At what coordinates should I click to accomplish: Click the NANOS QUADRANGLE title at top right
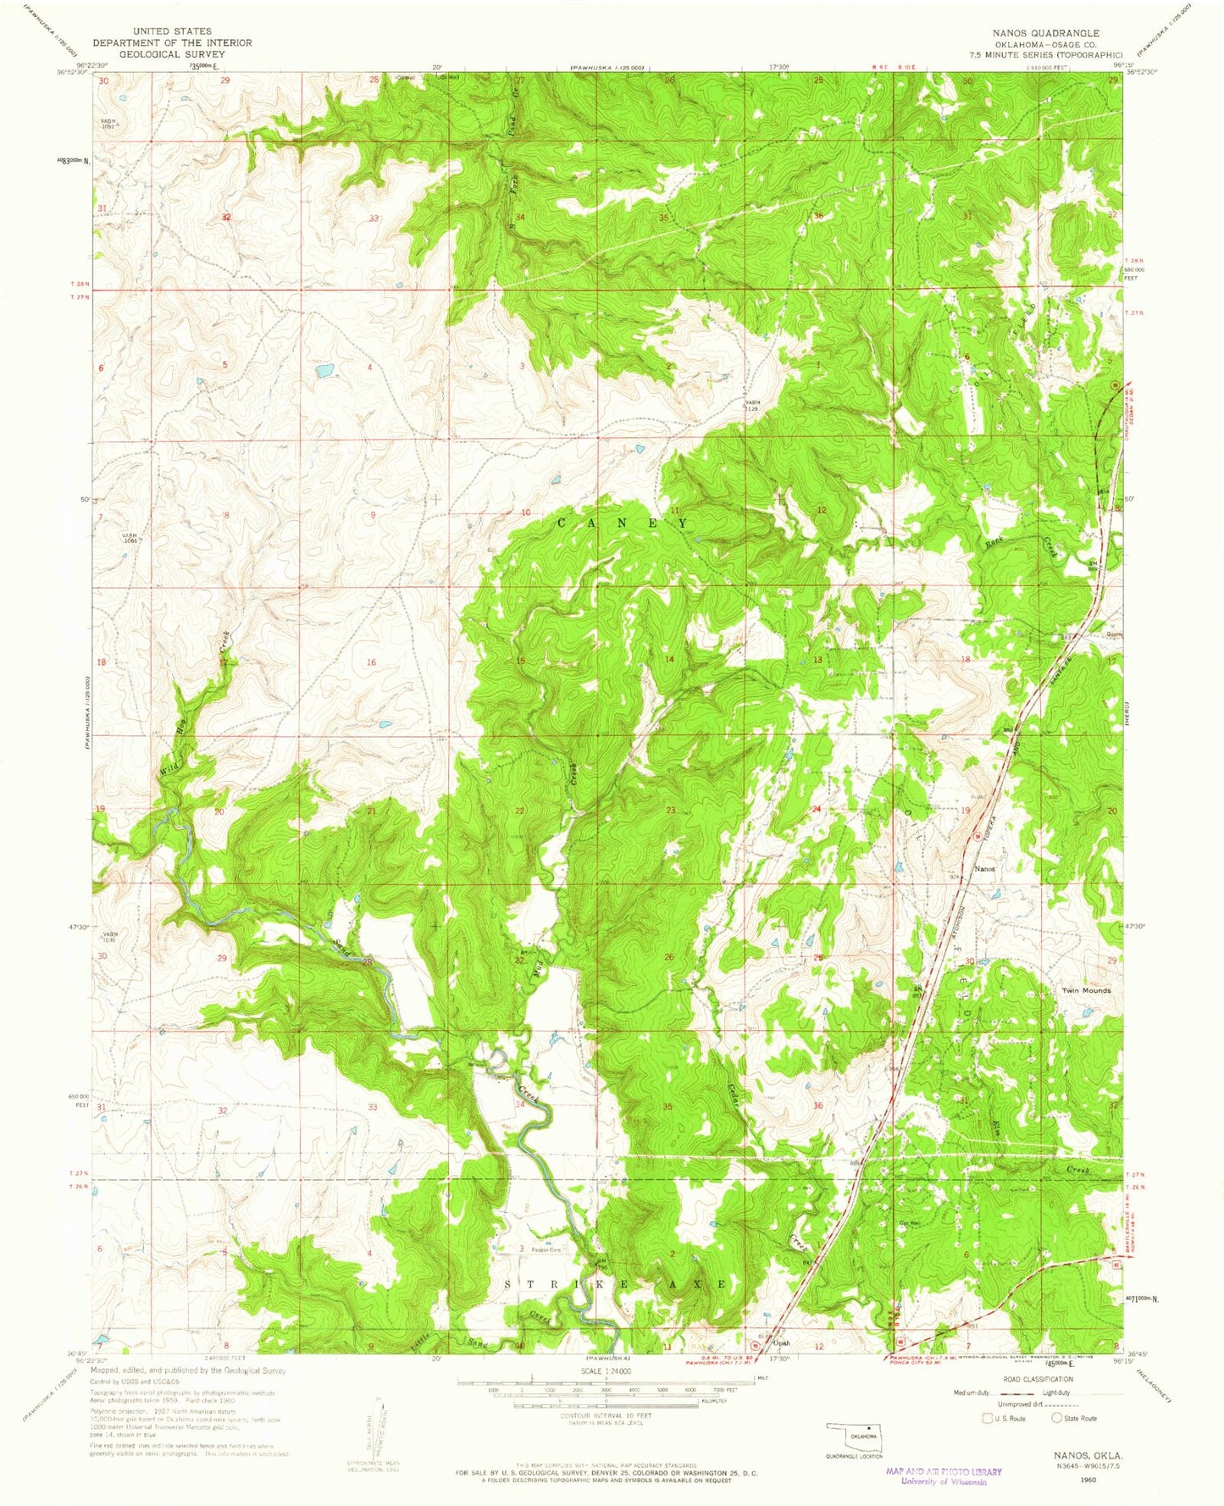pyautogui.click(x=1047, y=33)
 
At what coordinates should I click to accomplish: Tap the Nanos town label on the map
pyautogui.click(x=984, y=869)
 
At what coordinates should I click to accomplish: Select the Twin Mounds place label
pyautogui.click(x=1086, y=990)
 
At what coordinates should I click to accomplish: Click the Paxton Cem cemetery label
pyautogui.click(x=546, y=1250)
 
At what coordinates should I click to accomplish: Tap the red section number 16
pyautogui.click(x=371, y=662)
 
